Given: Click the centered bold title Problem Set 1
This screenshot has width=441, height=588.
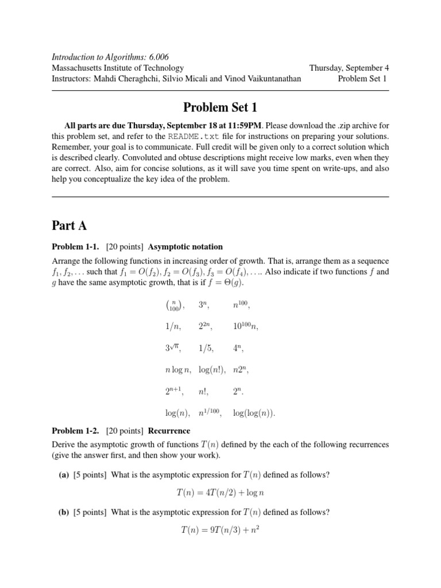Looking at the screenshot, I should pyautogui.click(x=220, y=108).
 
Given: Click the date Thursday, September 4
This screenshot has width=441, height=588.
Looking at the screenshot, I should pyautogui.click(x=349, y=68).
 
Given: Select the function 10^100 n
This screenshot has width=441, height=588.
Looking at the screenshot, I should pyautogui.click(x=246, y=327).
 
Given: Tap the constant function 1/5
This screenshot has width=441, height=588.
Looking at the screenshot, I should pyautogui.click(x=207, y=348).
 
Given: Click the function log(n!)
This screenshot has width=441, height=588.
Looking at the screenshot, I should pyautogui.click(x=211, y=370).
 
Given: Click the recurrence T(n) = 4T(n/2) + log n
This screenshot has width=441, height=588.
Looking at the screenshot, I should pyautogui.click(x=220, y=492).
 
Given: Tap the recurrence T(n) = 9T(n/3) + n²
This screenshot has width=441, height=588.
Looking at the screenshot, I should pyautogui.click(x=220, y=529).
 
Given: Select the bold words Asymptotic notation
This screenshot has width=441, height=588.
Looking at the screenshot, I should pyautogui.click(x=185, y=247).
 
